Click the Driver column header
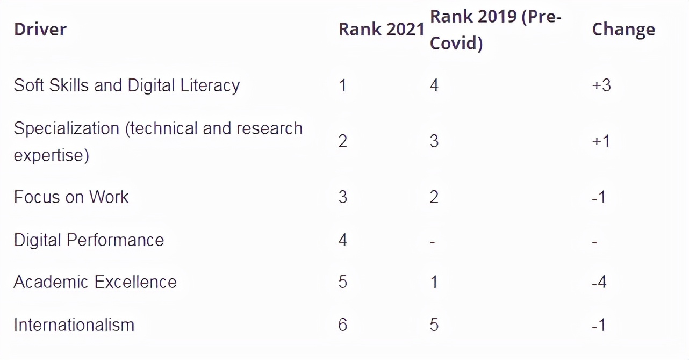[40, 29]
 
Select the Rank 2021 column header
[382, 29]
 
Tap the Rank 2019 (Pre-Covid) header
[496, 30]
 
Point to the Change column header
[623, 29]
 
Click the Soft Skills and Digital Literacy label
[127, 85]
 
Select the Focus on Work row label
[71, 197]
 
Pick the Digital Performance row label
[89, 240]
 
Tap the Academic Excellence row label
[95, 282]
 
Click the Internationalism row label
[74, 325]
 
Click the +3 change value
[601, 85]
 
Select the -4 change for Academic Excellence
[599, 282]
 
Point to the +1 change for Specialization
[601, 141]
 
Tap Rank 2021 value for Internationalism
[343, 325]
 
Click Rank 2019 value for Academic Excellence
[434, 282]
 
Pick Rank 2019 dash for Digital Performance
[433, 241]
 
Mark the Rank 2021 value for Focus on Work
[343, 197]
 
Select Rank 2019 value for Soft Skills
[434, 85]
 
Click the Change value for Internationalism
[599, 325]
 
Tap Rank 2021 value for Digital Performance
[343, 240]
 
